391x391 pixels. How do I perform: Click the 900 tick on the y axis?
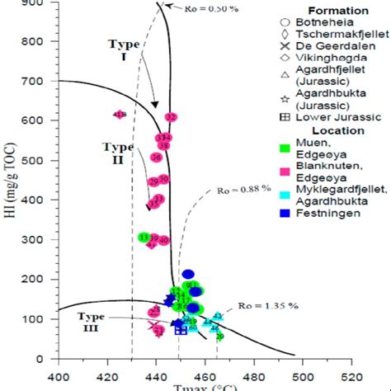(x=42, y=4)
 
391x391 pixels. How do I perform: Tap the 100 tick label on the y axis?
(x=42, y=318)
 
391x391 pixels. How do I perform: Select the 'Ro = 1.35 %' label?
(x=272, y=306)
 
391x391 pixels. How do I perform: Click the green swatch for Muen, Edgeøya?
(x=284, y=148)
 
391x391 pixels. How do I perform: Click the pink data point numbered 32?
(x=171, y=117)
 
